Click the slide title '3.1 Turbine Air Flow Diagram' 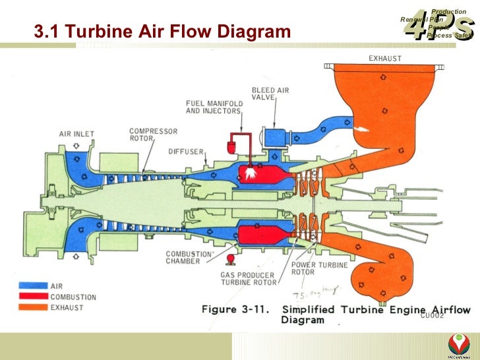pos(162,31)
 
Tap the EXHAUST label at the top pos(384,58)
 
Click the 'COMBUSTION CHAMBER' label pos(189,257)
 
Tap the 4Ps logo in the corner pos(437,24)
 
